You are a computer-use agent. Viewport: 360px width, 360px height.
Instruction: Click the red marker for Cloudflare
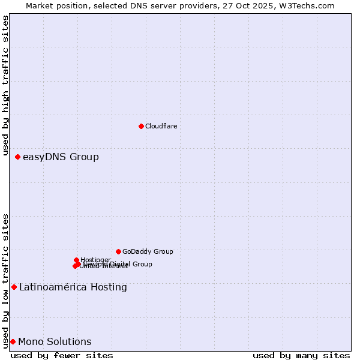tap(141, 126)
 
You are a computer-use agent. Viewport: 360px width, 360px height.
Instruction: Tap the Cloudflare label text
tap(161, 126)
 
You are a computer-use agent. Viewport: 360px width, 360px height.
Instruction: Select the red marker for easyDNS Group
tap(17, 157)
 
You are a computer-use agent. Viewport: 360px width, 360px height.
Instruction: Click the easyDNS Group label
tap(61, 157)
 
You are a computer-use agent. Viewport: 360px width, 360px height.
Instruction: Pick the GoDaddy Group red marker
tap(118, 251)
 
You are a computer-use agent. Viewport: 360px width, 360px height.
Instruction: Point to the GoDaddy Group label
tap(148, 252)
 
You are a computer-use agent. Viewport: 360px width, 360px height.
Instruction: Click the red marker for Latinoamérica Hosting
tap(14, 287)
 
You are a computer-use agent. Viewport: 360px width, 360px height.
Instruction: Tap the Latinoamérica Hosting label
tap(73, 287)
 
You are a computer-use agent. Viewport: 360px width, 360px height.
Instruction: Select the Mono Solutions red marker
tap(13, 341)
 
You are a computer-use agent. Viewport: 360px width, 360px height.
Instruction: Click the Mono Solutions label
tap(55, 342)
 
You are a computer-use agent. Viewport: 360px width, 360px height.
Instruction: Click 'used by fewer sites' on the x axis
tap(62, 355)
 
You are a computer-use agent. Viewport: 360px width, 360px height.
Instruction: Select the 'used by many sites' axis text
tap(301, 355)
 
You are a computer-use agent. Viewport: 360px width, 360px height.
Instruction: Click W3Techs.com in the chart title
tap(309, 5)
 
